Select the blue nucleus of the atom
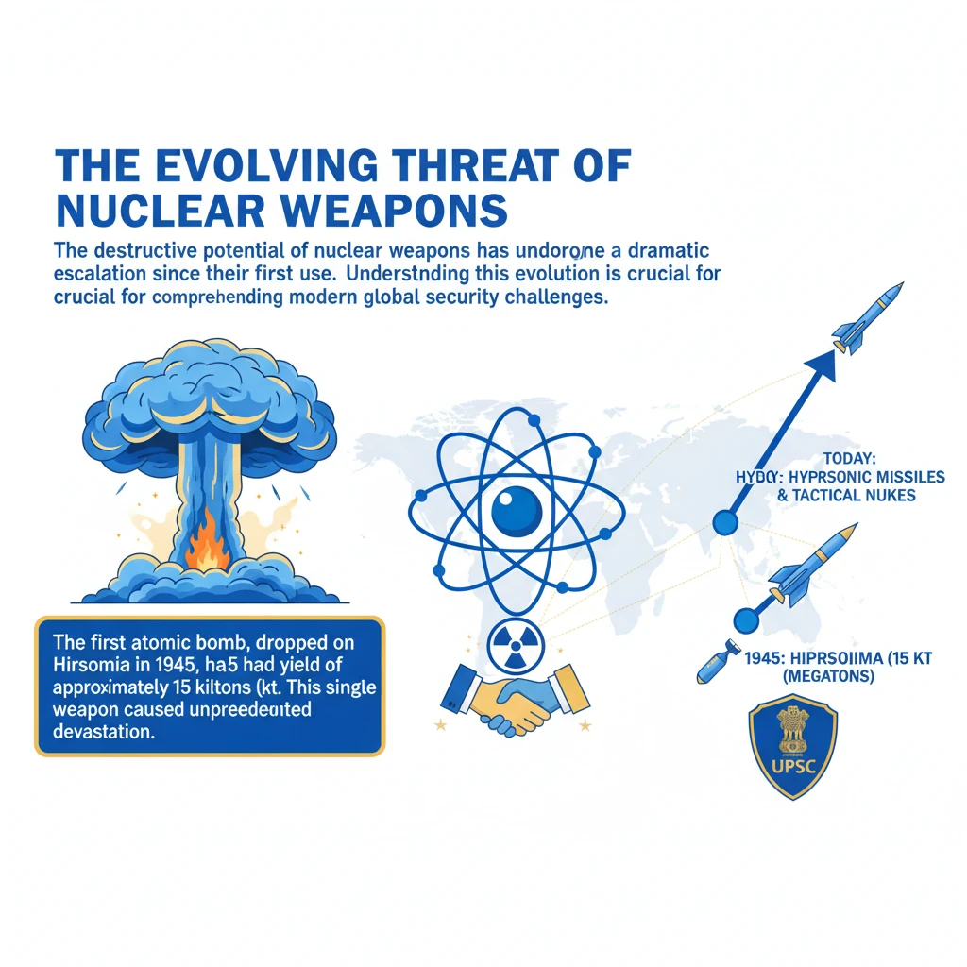[x=517, y=511]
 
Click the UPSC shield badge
[x=792, y=746]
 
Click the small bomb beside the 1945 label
[x=714, y=665]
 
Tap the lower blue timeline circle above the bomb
[x=746, y=619]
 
